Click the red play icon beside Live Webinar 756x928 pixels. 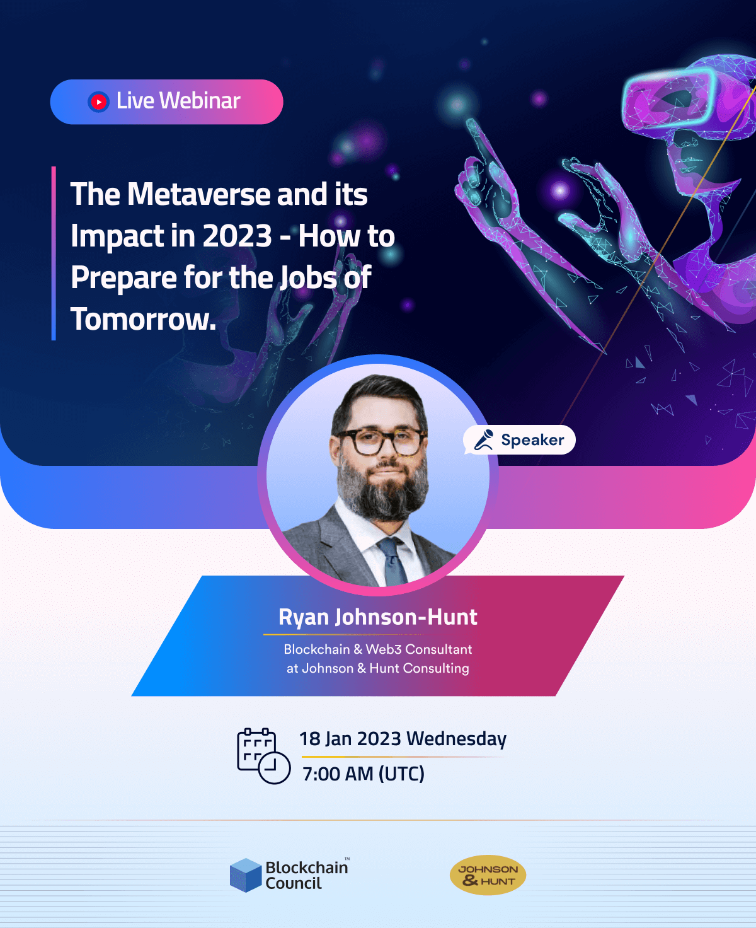click(98, 101)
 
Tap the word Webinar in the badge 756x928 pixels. click(200, 100)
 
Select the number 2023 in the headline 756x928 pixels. click(237, 236)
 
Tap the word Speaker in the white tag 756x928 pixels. click(532, 439)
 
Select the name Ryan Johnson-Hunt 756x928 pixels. click(378, 617)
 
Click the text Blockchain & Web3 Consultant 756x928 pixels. click(378, 649)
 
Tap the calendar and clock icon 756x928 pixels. click(263, 756)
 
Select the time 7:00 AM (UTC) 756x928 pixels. click(364, 774)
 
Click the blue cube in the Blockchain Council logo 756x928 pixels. click(246, 875)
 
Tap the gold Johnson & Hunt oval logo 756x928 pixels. click(488, 875)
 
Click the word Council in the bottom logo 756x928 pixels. click(294, 883)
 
